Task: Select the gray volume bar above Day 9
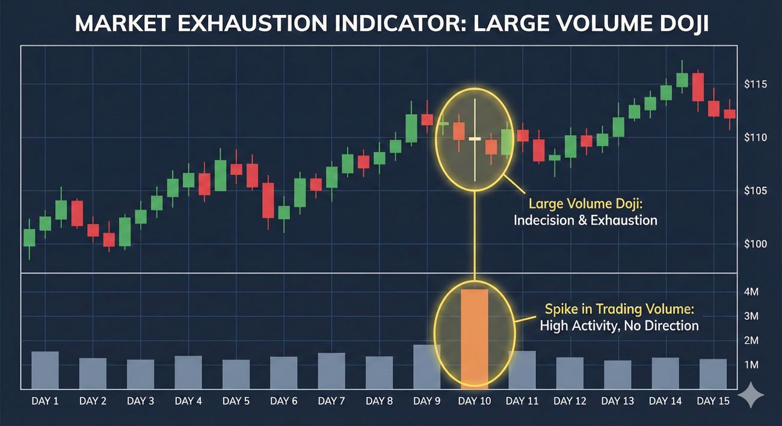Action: click(x=426, y=367)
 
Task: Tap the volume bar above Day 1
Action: click(x=45, y=370)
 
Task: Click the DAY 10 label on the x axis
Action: click(x=475, y=401)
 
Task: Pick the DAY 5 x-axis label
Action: click(x=236, y=401)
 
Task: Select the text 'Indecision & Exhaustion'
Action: click(x=585, y=221)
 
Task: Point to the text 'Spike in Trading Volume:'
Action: click(x=619, y=309)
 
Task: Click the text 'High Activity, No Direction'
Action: click(x=619, y=326)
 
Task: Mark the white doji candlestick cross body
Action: click(x=475, y=139)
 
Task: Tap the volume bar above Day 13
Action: click(x=618, y=374)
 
